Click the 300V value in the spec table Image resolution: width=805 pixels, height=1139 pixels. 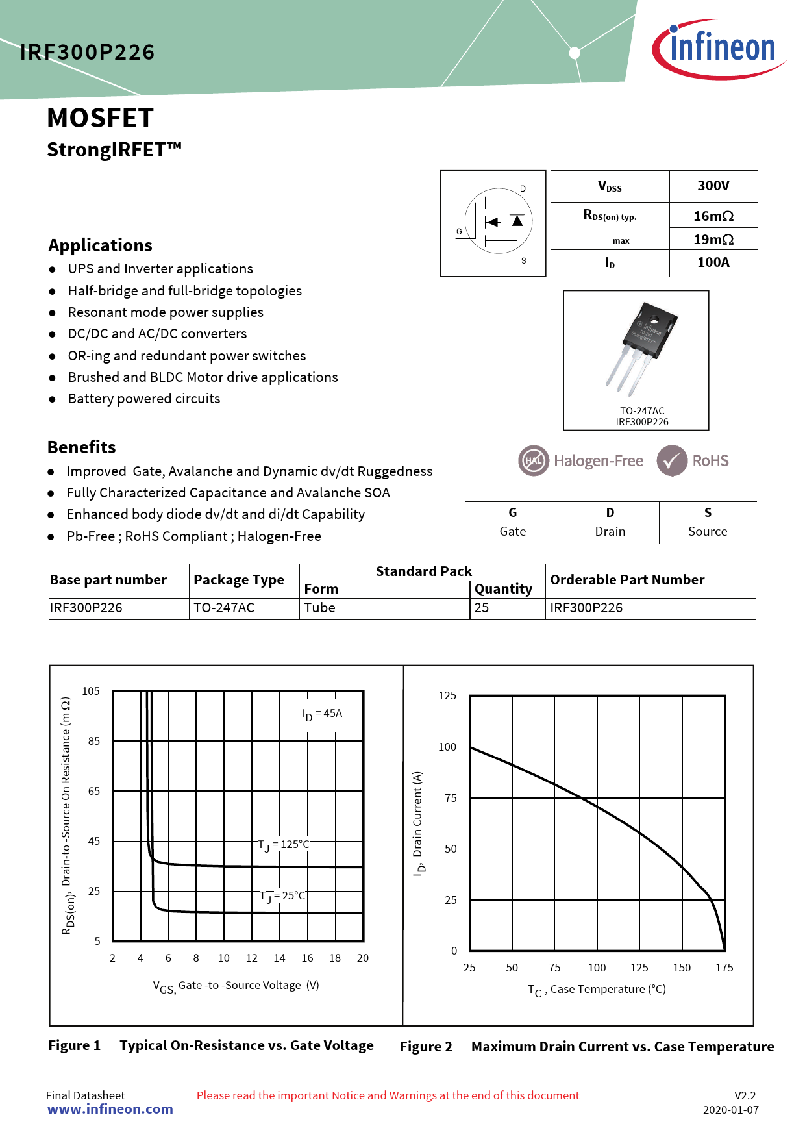pos(713,186)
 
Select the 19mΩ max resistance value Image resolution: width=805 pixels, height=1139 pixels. pos(713,239)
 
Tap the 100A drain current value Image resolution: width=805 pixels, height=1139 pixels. pos(713,262)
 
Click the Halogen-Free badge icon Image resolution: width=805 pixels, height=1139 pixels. pos(534,460)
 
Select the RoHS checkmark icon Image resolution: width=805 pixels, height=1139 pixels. pos(671,460)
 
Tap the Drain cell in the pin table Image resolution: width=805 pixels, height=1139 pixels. pos(610,531)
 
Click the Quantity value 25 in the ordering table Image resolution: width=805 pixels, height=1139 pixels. pos(482,608)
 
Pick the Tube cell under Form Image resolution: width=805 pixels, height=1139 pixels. pos(320,608)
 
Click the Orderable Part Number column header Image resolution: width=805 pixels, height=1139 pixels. pos(627,580)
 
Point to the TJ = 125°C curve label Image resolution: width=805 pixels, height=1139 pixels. pos(284,844)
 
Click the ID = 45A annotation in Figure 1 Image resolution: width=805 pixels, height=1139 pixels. pos(322,714)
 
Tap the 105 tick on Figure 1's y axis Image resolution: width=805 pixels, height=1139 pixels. pos(91,691)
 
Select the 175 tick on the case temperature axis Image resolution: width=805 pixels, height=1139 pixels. pos(724,968)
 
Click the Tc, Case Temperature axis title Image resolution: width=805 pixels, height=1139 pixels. pos(597,990)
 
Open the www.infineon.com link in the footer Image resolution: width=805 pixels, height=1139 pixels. pos(110,1109)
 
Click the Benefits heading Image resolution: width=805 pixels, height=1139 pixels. pos(82,447)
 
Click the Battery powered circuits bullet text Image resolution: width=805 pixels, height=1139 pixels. pos(144,399)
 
